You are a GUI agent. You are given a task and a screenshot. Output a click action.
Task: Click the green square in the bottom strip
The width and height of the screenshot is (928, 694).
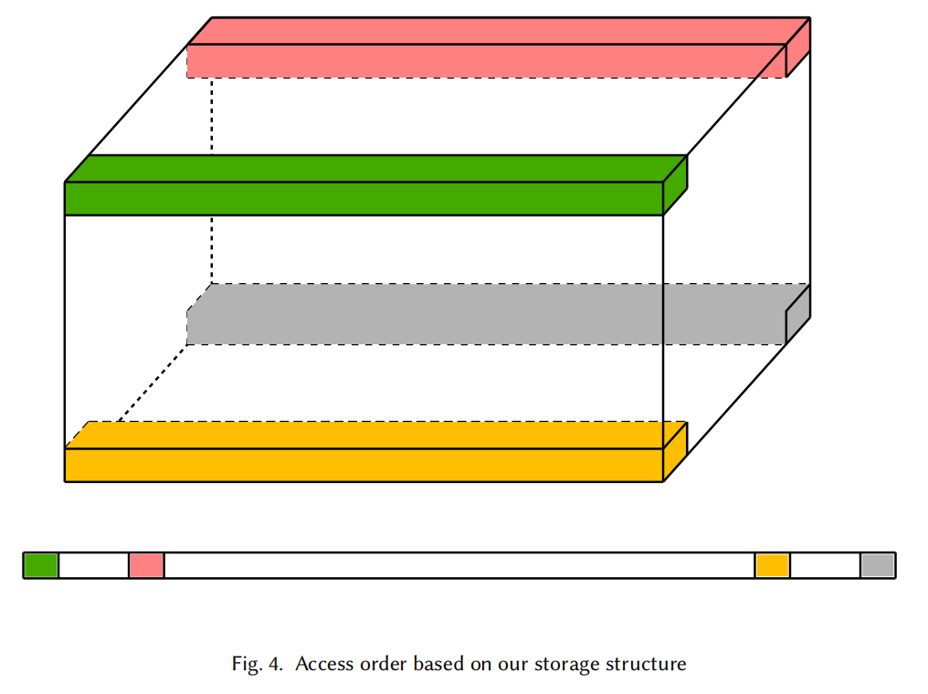coord(41,565)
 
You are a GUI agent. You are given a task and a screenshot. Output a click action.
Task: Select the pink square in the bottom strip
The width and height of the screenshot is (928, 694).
coord(146,565)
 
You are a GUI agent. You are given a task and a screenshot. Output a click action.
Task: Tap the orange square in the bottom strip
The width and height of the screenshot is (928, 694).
coord(773,565)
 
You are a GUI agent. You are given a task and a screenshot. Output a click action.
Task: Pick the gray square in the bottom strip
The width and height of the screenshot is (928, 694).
coord(878,565)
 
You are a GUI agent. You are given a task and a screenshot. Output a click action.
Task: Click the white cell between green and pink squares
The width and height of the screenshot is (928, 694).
coord(93,565)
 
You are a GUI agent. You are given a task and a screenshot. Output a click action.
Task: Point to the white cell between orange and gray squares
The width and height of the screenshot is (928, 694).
coord(825,565)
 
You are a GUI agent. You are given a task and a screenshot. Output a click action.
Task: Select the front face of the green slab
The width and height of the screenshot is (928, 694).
coord(364,198)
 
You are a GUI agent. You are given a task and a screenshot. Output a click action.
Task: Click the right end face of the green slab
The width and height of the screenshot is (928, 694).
coord(675,185)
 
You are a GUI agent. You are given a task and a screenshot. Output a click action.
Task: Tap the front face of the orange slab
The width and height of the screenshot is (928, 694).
coord(364,465)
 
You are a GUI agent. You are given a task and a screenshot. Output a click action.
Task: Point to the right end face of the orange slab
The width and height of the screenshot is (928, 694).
coord(675,451)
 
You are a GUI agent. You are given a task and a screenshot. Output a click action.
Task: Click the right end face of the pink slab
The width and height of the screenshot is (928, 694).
coord(798,47)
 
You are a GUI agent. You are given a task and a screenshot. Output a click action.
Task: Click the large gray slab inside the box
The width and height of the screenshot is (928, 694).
coord(484,315)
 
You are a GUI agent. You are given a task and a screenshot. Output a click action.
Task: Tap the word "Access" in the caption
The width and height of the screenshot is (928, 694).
coord(321,664)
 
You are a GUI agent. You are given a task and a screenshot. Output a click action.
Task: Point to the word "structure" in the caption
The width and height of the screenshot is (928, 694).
coord(645,664)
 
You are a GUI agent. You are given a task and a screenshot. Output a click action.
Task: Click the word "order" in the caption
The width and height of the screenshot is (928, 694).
coord(379,664)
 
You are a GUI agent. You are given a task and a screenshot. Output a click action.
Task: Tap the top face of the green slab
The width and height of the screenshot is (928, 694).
coord(374,169)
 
